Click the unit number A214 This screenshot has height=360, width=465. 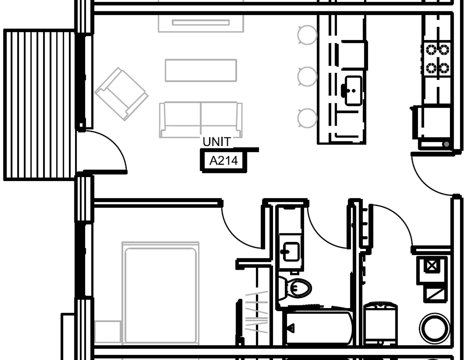pyautogui.click(x=223, y=161)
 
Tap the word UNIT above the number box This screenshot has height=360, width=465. pyautogui.click(x=216, y=142)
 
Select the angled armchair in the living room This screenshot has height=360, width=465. pyautogui.click(x=121, y=94)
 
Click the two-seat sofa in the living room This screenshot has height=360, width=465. pyautogui.click(x=201, y=119)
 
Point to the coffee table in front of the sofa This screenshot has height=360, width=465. pyautogui.click(x=201, y=70)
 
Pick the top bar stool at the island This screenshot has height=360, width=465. pyautogui.click(x=307, y=35)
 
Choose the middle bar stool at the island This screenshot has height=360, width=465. pyautogui.click(x=307, y=77)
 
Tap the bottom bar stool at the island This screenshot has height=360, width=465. pyautogui.click(x=307, y=118)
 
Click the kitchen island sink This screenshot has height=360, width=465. pyautogui.click(x=353, y=90)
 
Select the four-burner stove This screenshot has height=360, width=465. pyautogui.click(x=437, y=59)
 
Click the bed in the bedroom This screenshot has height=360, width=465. pyautogui.click(x=160, y=293)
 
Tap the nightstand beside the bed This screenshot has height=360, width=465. pyautogui.click(x=107, y=332)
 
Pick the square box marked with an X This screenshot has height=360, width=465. pyautogui.click(x=431, y=266)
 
